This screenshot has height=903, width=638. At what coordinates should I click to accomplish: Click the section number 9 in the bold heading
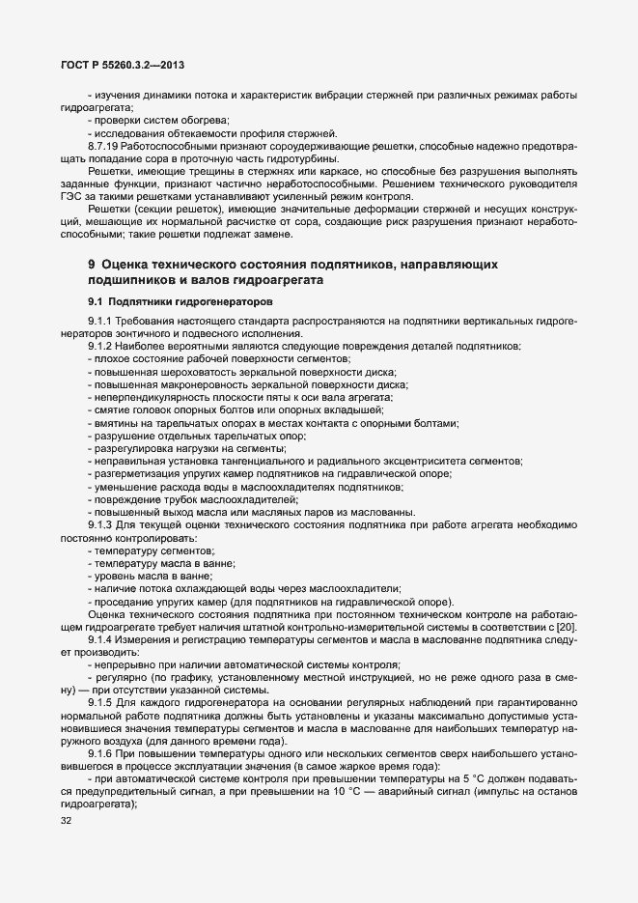pos(91,264)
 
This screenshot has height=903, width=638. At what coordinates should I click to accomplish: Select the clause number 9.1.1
pos(101,320)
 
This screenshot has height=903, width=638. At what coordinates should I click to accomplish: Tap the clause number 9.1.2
pos(101,345)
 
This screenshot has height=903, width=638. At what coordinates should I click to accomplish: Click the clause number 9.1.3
pos(101,523)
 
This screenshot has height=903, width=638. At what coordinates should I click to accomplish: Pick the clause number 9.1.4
pos(101,639)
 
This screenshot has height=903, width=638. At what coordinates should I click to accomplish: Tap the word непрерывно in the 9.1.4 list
pos(123,664)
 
